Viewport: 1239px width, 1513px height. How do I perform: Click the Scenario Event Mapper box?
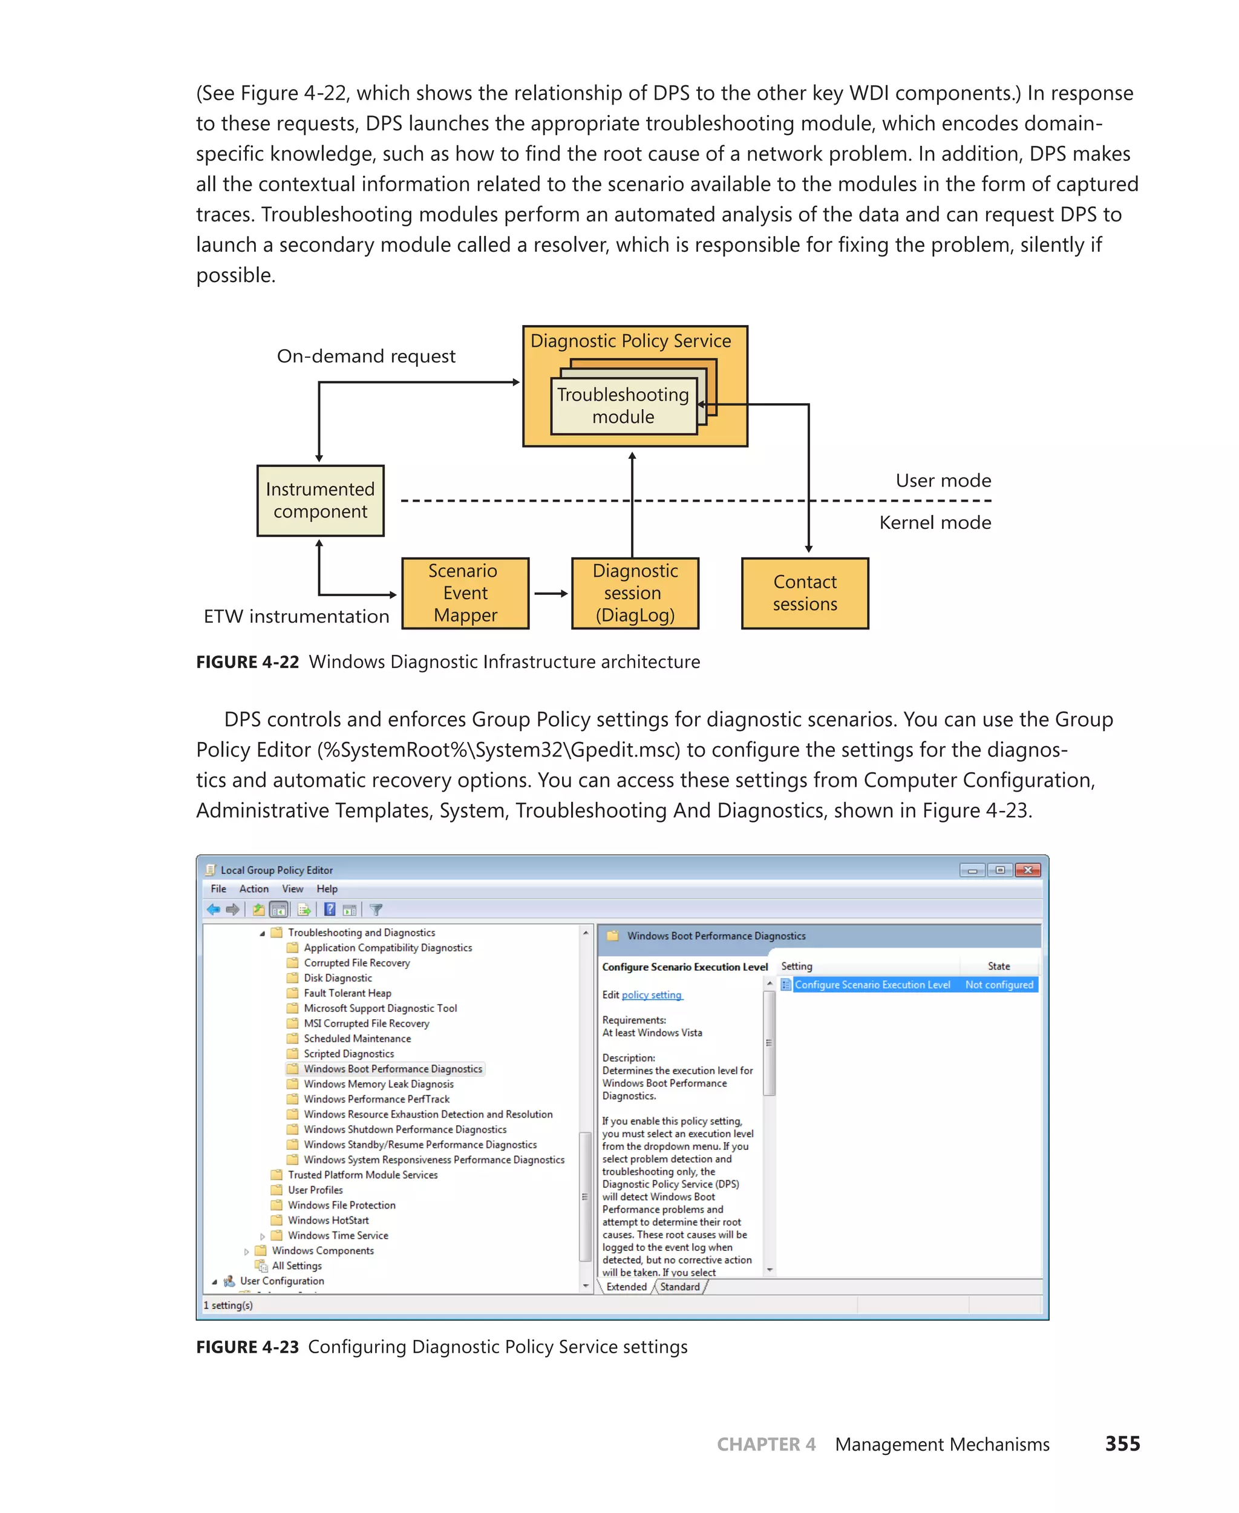pos(465,592)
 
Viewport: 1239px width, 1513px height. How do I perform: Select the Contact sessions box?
pos(805,592)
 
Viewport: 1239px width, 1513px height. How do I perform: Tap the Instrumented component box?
pos(320,500)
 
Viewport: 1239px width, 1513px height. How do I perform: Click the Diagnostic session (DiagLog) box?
pos(635,592)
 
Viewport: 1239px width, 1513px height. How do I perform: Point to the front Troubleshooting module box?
pos(623,405)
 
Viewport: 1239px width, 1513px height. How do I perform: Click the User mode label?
pos(943,481)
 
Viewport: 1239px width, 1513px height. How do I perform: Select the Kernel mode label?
pos(934,523)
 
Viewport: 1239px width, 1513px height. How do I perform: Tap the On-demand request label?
pos(365,356)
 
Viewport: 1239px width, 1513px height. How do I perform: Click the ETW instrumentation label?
pos(296,616)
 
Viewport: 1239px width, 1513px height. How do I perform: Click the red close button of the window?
pos(1028,870)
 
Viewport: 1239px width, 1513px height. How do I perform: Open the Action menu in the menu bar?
pos(253,889)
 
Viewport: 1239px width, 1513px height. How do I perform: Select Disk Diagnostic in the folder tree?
pos(338,978)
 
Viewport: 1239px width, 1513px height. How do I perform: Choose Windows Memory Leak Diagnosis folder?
pos(378,1084)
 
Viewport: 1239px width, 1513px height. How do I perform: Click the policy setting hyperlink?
pos(652,996)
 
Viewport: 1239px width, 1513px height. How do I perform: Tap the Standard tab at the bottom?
pos(679,1287)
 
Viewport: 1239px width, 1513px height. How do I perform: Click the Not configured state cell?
pos(998,985)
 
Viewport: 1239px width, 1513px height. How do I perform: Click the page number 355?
pos(1122,1444)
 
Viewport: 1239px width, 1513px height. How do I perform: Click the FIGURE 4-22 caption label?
pos(247,662)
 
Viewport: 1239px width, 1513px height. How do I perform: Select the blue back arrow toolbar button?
pos(213,910)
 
